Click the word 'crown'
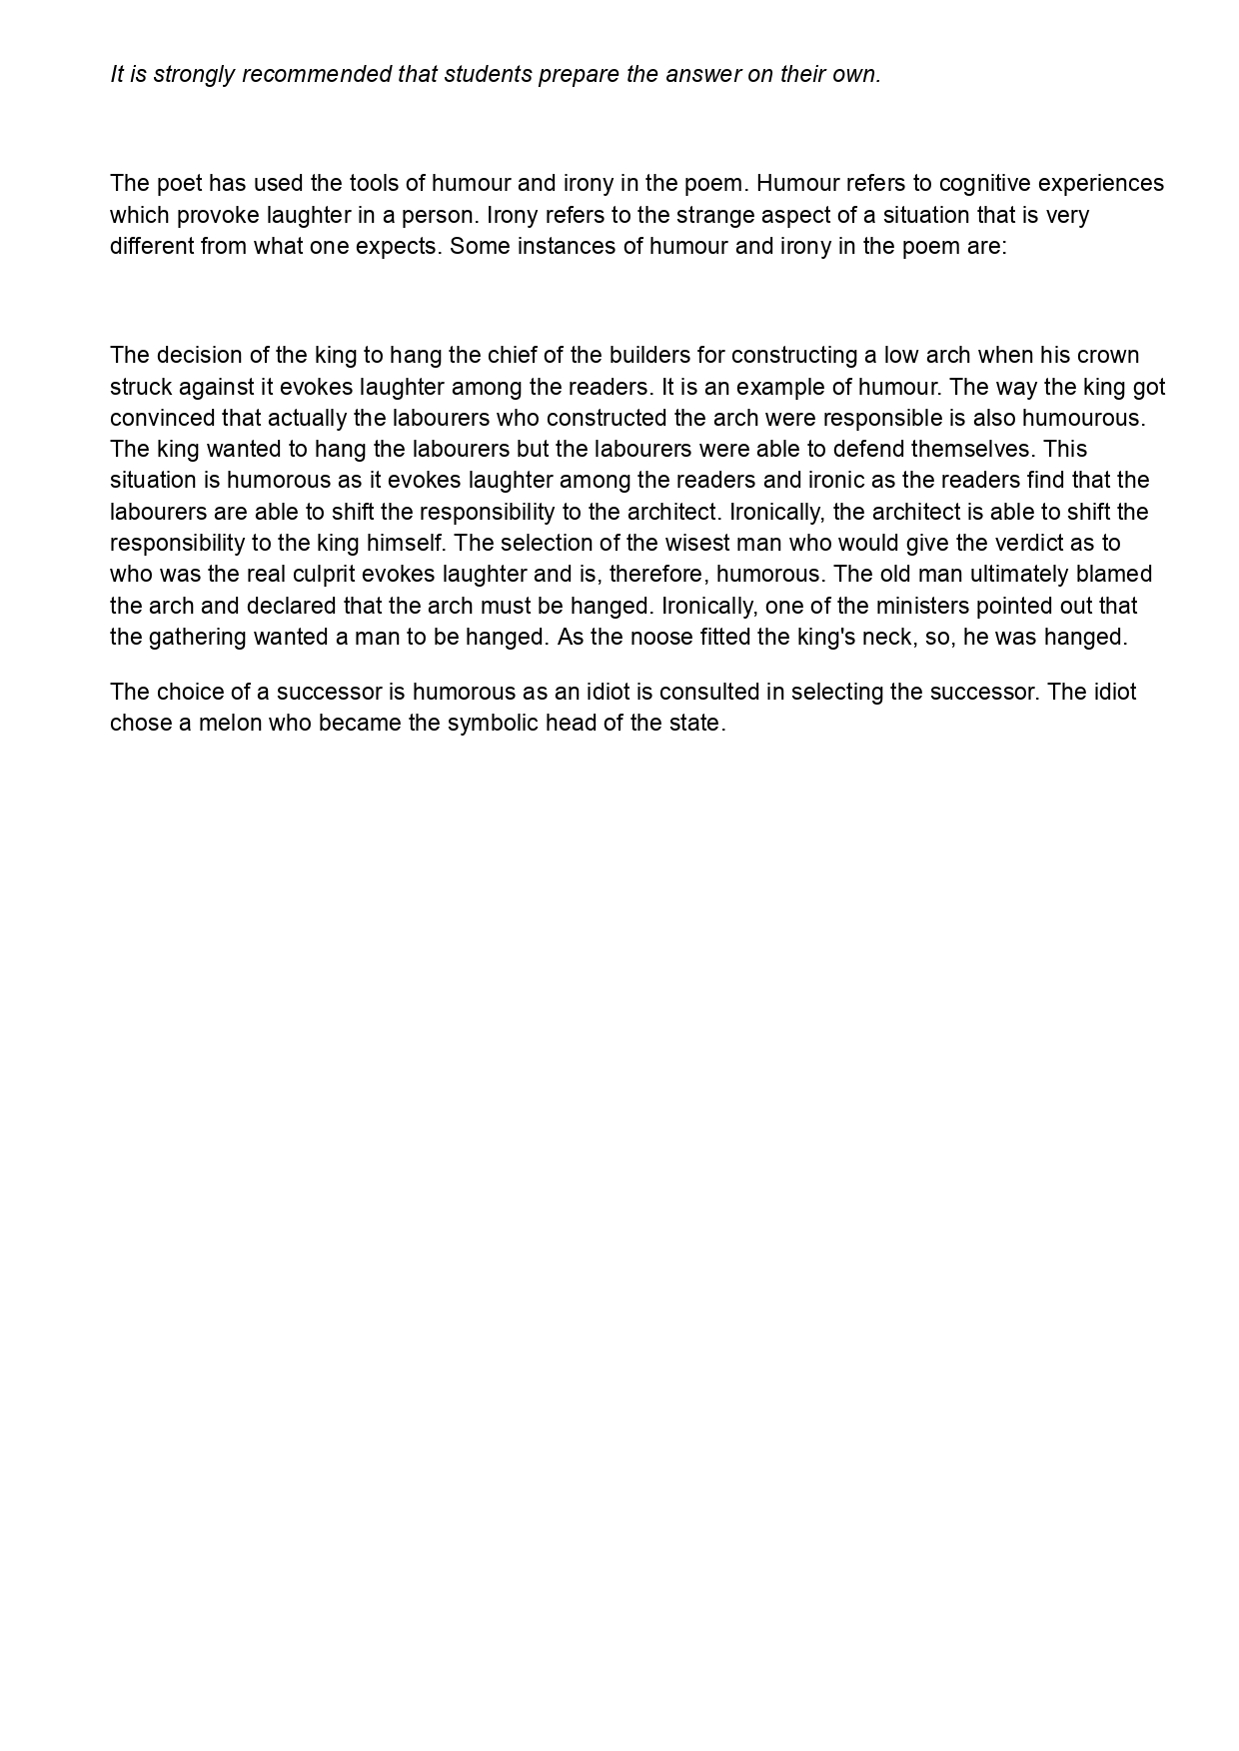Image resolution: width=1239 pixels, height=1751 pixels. (x=1109, y=356)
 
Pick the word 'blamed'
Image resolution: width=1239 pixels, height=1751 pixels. (x=1116, y=575)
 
